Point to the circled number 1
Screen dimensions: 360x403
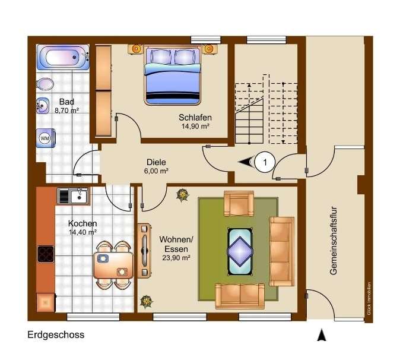click(x=265, y=161)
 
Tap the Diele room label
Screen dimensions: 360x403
click(x=157, y=162)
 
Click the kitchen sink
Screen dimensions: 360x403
click(x=73, y=195)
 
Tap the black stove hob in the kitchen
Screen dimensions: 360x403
click(x=46, y=254)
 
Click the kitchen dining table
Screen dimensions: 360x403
click(x=113, y=265)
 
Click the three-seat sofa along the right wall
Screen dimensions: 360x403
click(x=281, y=251)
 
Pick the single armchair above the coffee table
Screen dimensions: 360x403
click(x=239, y=204)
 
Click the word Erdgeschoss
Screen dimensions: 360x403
click(x=56, y=335)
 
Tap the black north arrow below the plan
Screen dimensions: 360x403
click(x=322, y=336)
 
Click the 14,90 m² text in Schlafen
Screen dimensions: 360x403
click(x=195, y=126)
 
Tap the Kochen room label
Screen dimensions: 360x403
click(x=82, y=223)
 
